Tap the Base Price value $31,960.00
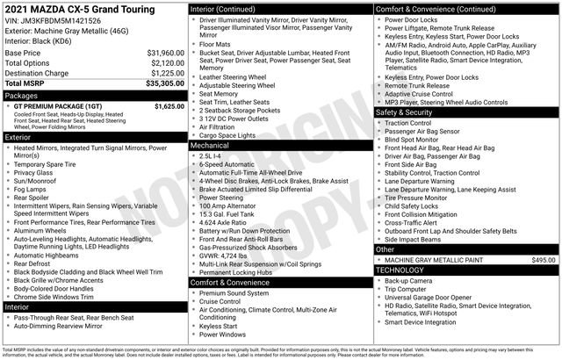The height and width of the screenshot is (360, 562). (164, 53)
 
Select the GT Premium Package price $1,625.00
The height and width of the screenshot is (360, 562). (167, 106)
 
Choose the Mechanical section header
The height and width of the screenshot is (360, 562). (211, 145)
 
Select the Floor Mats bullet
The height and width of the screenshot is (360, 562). (215, 43)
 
